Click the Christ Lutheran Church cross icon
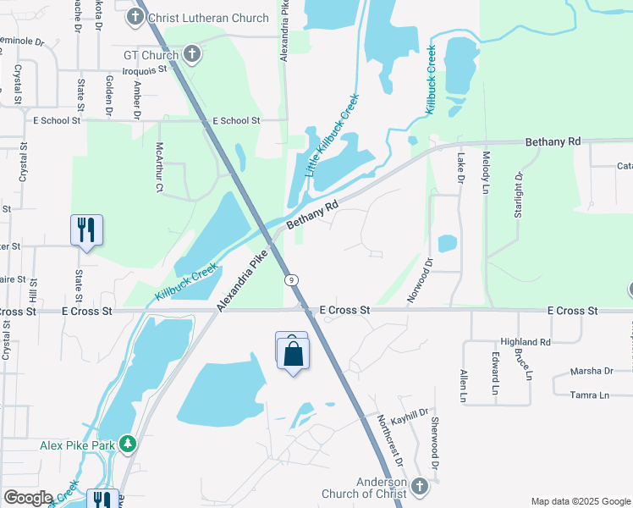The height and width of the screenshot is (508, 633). click(x=136, y=16)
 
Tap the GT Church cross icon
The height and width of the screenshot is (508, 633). click(x=192, y=56)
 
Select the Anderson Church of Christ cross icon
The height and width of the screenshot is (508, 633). click(x=421, y=489)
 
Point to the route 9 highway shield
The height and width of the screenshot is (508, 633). click(x=290, y=279)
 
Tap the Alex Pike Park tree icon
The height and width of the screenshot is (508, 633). click(x=127, y=444)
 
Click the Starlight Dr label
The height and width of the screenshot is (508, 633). click(x=519, y=194)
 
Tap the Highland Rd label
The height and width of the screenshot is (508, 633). click(x=525, y=341)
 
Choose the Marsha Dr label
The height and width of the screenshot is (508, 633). click(x=591, y=371)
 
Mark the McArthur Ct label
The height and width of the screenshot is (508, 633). click(x=158, y=167)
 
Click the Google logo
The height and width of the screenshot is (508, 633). click(x=29, y=498)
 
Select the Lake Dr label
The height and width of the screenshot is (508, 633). click(x=461, y=169)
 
